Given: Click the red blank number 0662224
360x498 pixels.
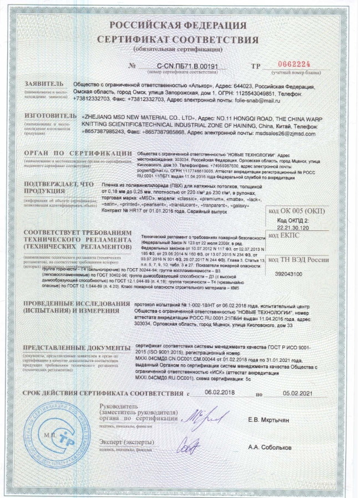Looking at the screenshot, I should [x=289, y=66].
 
